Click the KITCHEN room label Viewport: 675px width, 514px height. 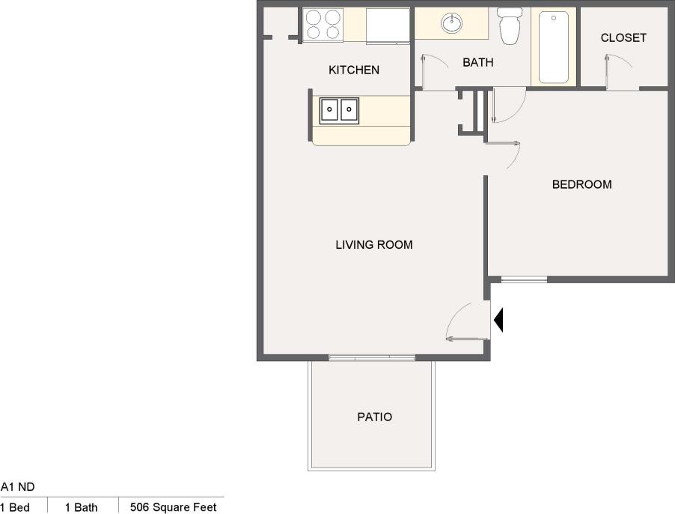pyautogui.click(x=354, y=70)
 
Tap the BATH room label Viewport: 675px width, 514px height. pyautogui.click(x=477, y=63)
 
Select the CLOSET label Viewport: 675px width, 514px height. pyautogui.click(x=623, y=37)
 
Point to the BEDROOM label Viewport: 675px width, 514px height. pyautogui.click(x=581, y=184)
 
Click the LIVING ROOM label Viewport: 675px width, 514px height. pyautogui.click(x=373, y=245)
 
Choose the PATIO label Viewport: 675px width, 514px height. pyautogui.click(x=374, y=417)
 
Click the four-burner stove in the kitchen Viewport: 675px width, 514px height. pyautogui.click(x=323, y=25)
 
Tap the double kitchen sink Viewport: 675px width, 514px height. pyautogui.click(x=339, y=110)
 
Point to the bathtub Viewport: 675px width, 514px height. pyautogui.click(x=554, y=46)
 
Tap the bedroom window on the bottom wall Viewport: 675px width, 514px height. pyautogui.click(x=523, y=280)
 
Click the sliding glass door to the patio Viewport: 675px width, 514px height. pyautogui.click(x=371, y=358)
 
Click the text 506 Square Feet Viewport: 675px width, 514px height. pyautogui.click(x=173, y=507)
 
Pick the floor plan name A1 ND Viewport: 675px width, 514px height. pyautogui.click(x=18, y=487)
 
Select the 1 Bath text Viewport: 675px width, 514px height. pyautogui.click(x=81, y=507)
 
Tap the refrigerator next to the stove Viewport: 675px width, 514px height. pyautogui.click(x=388, y=25)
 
